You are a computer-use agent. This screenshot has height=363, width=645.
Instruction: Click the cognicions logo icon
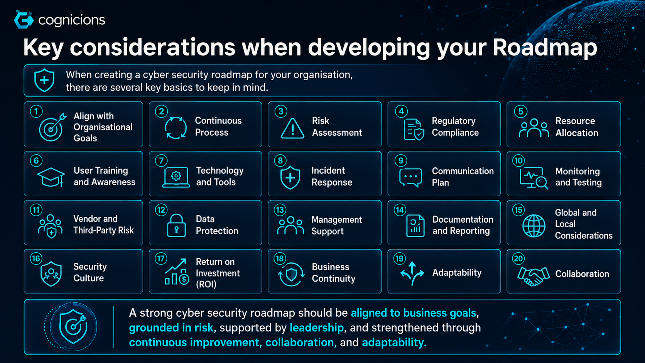pos(24,20)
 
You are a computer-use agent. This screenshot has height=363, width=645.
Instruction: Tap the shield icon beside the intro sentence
pos(44,80)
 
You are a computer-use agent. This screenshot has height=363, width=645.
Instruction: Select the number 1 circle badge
pos(36,111)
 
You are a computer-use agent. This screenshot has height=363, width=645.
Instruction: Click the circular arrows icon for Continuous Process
pos(176,128)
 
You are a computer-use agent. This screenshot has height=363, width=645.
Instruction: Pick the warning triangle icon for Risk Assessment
pos(292,128)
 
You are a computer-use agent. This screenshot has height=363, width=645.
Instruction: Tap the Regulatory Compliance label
pos(455,127)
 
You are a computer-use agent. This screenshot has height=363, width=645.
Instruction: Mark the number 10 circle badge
pos(518,160)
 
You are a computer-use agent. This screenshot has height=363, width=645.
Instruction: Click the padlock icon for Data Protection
pos(176,225)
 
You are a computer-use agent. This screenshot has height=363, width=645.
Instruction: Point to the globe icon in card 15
pos(534,226)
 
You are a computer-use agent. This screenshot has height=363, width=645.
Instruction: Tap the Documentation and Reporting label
pos(463,225)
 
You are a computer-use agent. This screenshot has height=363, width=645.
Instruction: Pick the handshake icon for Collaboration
pos(533,276)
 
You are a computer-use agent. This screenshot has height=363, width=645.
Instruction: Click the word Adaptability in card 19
pos(457,273)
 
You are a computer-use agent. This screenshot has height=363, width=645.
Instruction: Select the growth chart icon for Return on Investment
pos(177,272)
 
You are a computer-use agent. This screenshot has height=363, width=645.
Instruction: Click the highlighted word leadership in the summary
pos(316,328)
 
